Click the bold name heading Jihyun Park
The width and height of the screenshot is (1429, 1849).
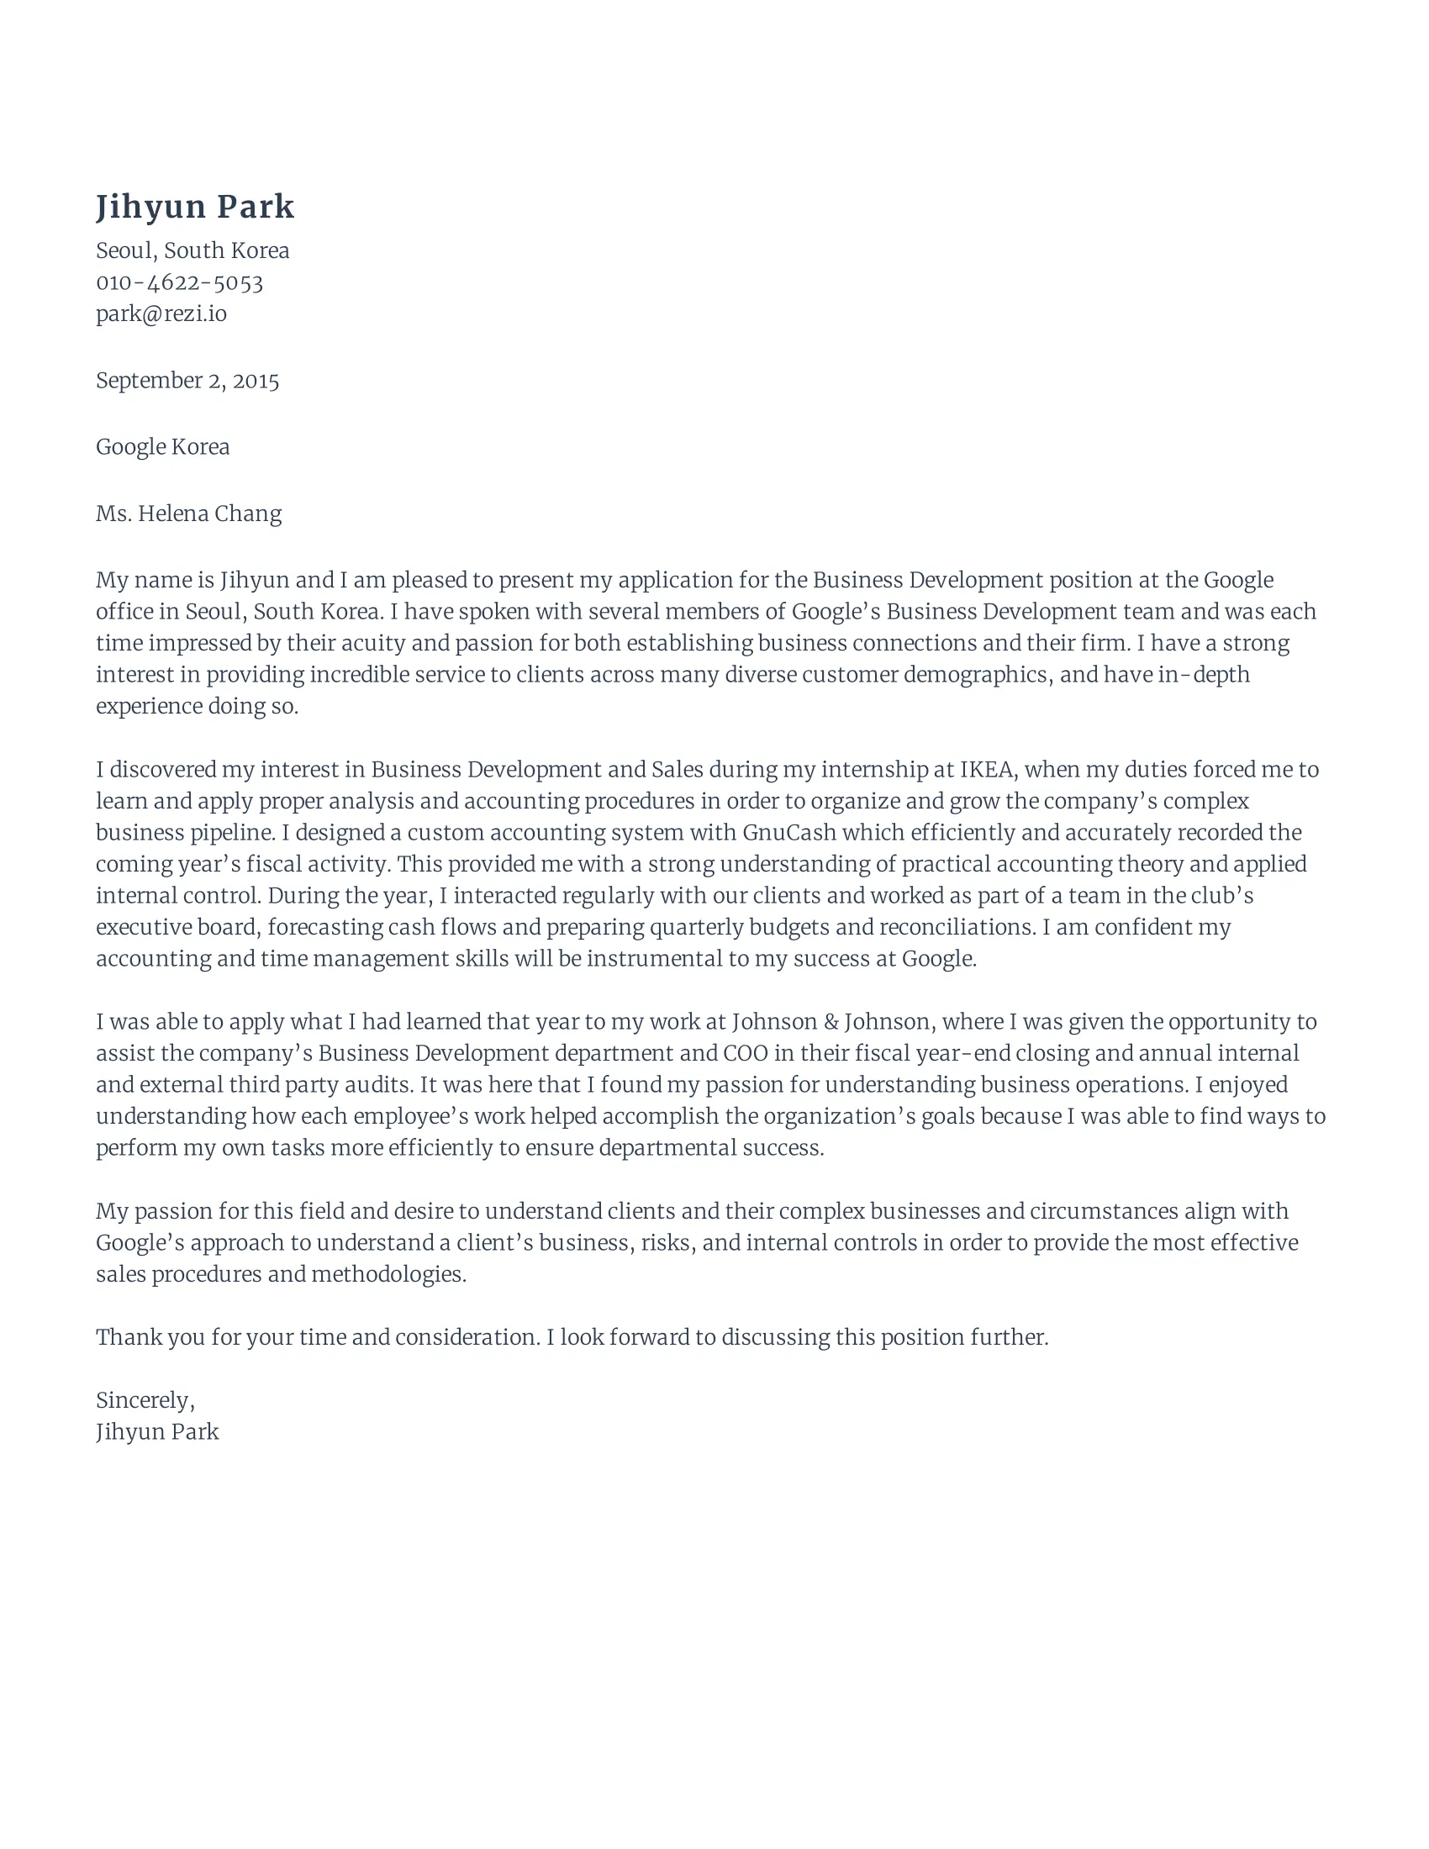tap(195, 208)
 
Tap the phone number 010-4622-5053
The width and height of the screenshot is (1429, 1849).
tap(180, 282)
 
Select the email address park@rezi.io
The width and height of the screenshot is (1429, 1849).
tap(161, 314)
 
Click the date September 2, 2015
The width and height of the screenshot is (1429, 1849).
tap(187, 381)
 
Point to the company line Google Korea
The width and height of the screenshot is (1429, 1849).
tap(162, 447)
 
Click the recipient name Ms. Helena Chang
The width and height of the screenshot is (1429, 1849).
tap(189, 514)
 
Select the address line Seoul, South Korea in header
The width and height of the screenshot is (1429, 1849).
tap(192, 250)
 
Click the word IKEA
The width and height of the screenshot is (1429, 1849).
tap(986, 770)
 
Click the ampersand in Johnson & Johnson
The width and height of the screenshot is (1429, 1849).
tap(831, 1022)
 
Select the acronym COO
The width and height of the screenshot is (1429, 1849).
tap(745, 1053)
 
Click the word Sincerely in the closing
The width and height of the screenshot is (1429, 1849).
tap(143, 1400)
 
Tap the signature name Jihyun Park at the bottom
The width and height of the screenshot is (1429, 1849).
tap(157, 1431)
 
